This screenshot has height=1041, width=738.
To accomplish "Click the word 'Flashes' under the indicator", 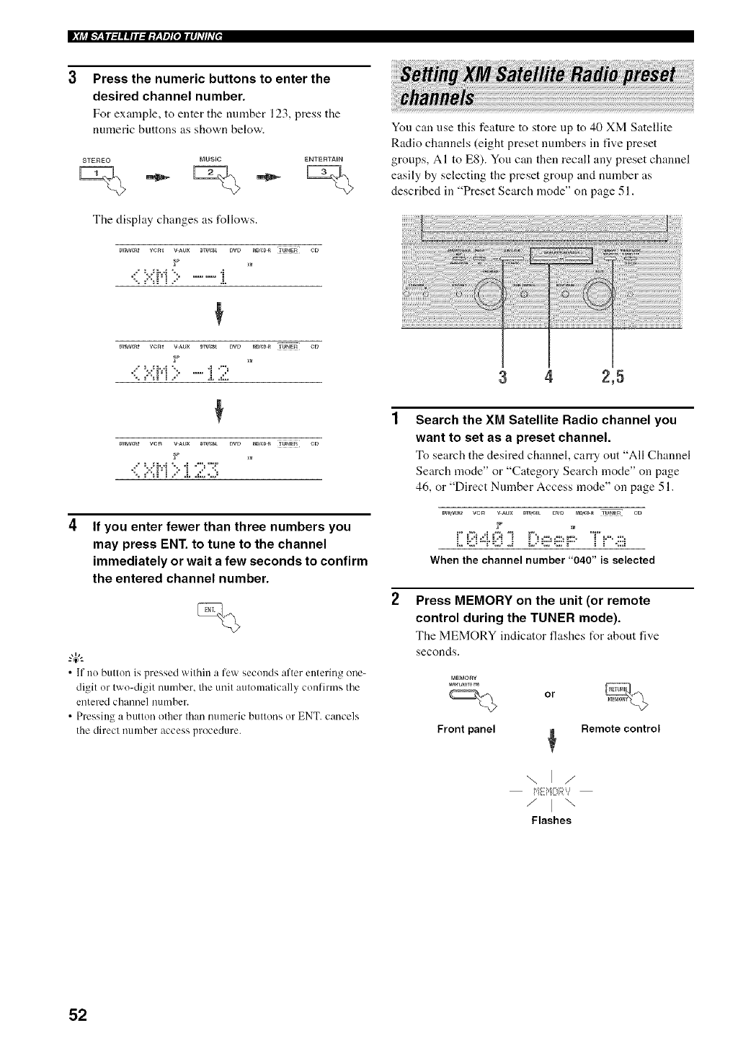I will [x=551, y=820].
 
